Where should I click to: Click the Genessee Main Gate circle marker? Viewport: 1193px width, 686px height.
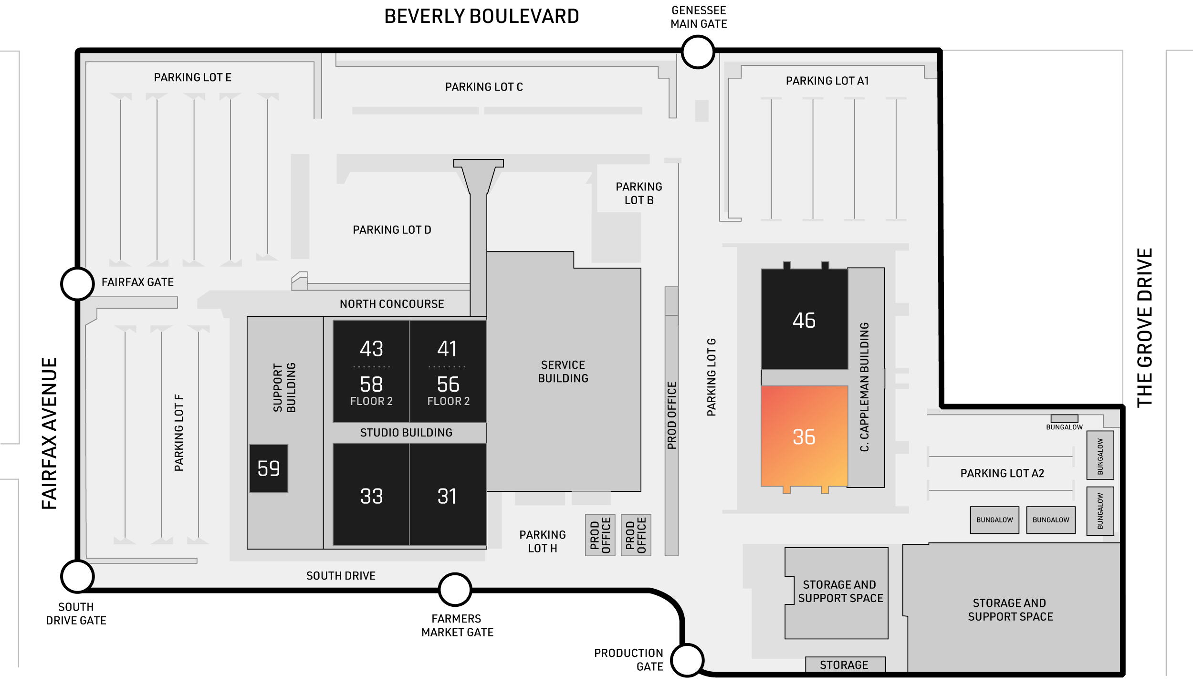pos(698,52)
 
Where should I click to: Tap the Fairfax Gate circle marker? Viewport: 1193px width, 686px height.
pos(77,284)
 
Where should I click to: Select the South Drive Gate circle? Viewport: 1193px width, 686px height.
pos(77,576)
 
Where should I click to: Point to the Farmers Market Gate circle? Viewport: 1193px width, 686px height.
pos(455,590)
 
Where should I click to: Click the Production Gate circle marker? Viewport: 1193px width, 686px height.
pos(687,660)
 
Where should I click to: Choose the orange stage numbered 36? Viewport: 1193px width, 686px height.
pos(804,437)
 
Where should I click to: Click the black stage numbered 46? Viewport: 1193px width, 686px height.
pos(804,320)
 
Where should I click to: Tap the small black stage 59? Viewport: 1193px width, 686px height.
pos(269,468)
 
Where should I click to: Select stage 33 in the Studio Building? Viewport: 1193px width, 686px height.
pos(371,496)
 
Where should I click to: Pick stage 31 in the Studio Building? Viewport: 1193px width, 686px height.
pos(448,496)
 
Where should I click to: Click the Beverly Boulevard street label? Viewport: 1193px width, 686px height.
pos(481,17)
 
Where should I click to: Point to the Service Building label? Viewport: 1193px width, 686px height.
pos(563,372)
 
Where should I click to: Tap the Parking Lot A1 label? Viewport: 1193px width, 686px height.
pos(827,81)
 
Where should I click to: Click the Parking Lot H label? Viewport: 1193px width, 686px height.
pos(543,541)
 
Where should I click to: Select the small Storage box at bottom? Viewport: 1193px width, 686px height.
pos(845,665)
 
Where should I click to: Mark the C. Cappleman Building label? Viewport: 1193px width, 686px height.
pos(865,386)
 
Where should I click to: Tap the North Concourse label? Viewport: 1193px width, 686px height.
pos(392,304)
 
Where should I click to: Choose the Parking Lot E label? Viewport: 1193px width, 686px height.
pos(192,77)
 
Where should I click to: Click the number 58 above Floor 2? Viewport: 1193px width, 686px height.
pos(371,385)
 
